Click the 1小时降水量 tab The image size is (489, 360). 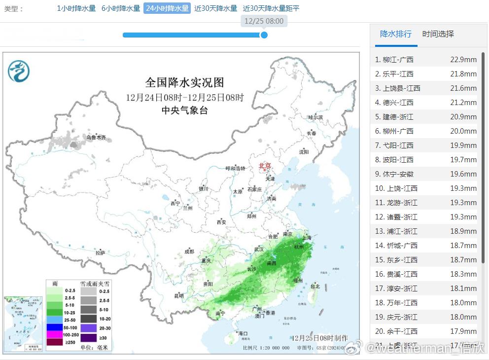(76, 8)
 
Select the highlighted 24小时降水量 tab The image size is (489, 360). (167, 8)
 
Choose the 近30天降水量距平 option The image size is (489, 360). (271, 8)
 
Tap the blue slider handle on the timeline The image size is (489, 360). (264, 35)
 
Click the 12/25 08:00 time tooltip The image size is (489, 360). (264, 21)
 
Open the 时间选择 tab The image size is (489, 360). (438, 34)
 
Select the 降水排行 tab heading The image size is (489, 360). (395, 34)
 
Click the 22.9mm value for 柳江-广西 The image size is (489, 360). (463, 60)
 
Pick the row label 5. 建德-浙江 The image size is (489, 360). (394, 117)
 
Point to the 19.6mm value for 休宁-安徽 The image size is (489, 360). (463, 174)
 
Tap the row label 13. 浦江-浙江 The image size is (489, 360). (396, 231)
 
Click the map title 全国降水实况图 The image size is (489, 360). (184, 82)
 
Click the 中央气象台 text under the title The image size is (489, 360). (184, 110)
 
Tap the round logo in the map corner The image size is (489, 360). (19, 71)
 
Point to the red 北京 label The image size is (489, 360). (265, 166)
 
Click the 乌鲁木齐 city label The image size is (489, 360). (96, 138)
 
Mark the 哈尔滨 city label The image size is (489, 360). (315, 118)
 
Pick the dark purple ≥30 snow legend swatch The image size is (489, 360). (89, 338)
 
